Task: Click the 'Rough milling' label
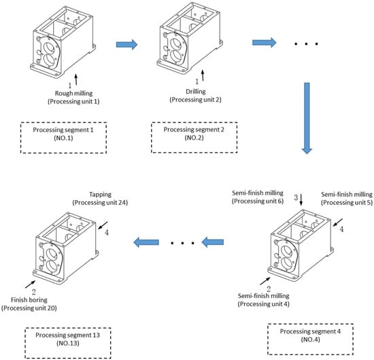coord(73,93)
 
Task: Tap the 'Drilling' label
coord(196,91)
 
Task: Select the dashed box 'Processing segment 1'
coord(63,137)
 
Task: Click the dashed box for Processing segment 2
coord(194,137)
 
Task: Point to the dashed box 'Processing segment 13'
coord(68,343)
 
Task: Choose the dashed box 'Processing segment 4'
coord(310,339)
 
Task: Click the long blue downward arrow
coord(307,118)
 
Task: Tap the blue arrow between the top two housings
coord(126,44)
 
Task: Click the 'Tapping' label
coord(100,195)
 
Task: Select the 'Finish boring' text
coord(29,300)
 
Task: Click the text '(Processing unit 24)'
coord(100,203)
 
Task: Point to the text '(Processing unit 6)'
coord(258,201)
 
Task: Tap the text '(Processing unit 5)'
coord(347,203)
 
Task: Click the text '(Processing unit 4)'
coord(264,304)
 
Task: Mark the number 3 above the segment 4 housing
coord(296,197)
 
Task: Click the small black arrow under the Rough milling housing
coord(76,79)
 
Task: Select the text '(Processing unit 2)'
coord(196,99)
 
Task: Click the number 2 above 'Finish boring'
coord(34,292)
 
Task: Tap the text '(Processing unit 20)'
coord(29,308)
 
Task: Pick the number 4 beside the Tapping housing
coord(107,232)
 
